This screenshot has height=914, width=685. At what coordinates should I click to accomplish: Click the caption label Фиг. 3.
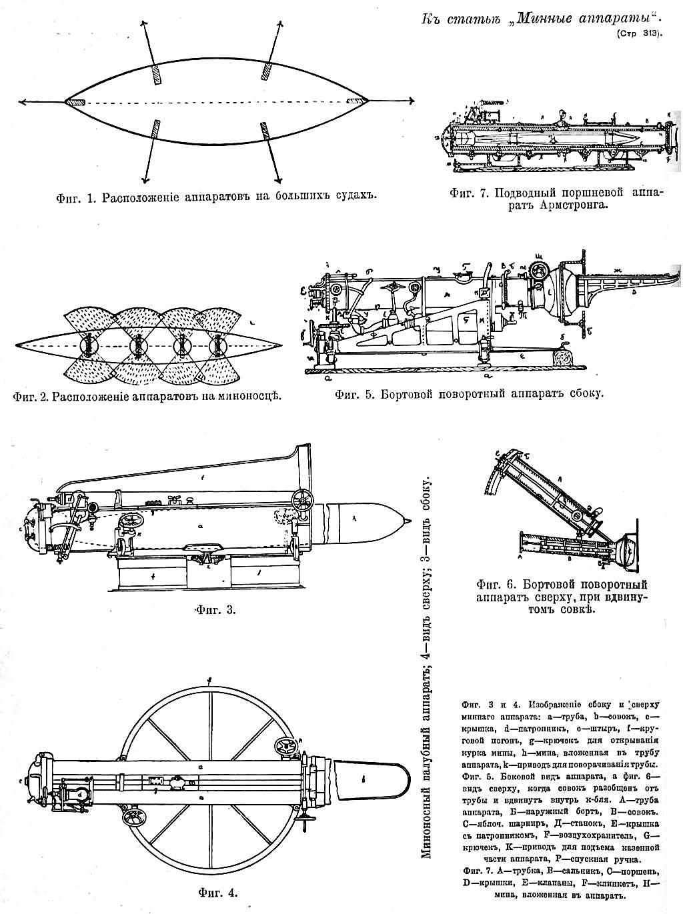tap(213, 609)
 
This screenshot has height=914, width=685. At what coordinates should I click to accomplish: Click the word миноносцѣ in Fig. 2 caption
tap(244, 397)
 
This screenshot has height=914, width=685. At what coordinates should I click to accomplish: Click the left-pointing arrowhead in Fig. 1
tap(22, 101)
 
